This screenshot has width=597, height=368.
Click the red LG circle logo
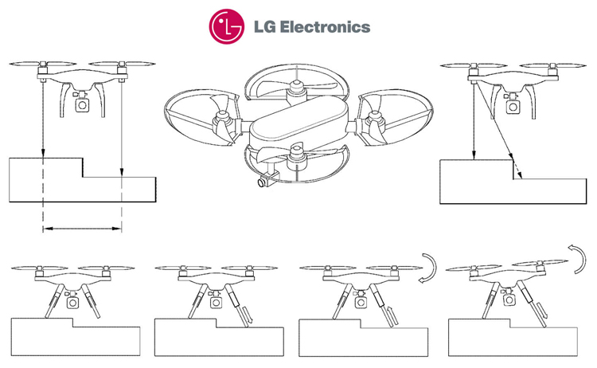tap(227, 26)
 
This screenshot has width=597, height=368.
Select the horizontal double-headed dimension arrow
tap(81, 229)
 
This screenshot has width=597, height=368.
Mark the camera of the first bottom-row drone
tap(72, 302)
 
